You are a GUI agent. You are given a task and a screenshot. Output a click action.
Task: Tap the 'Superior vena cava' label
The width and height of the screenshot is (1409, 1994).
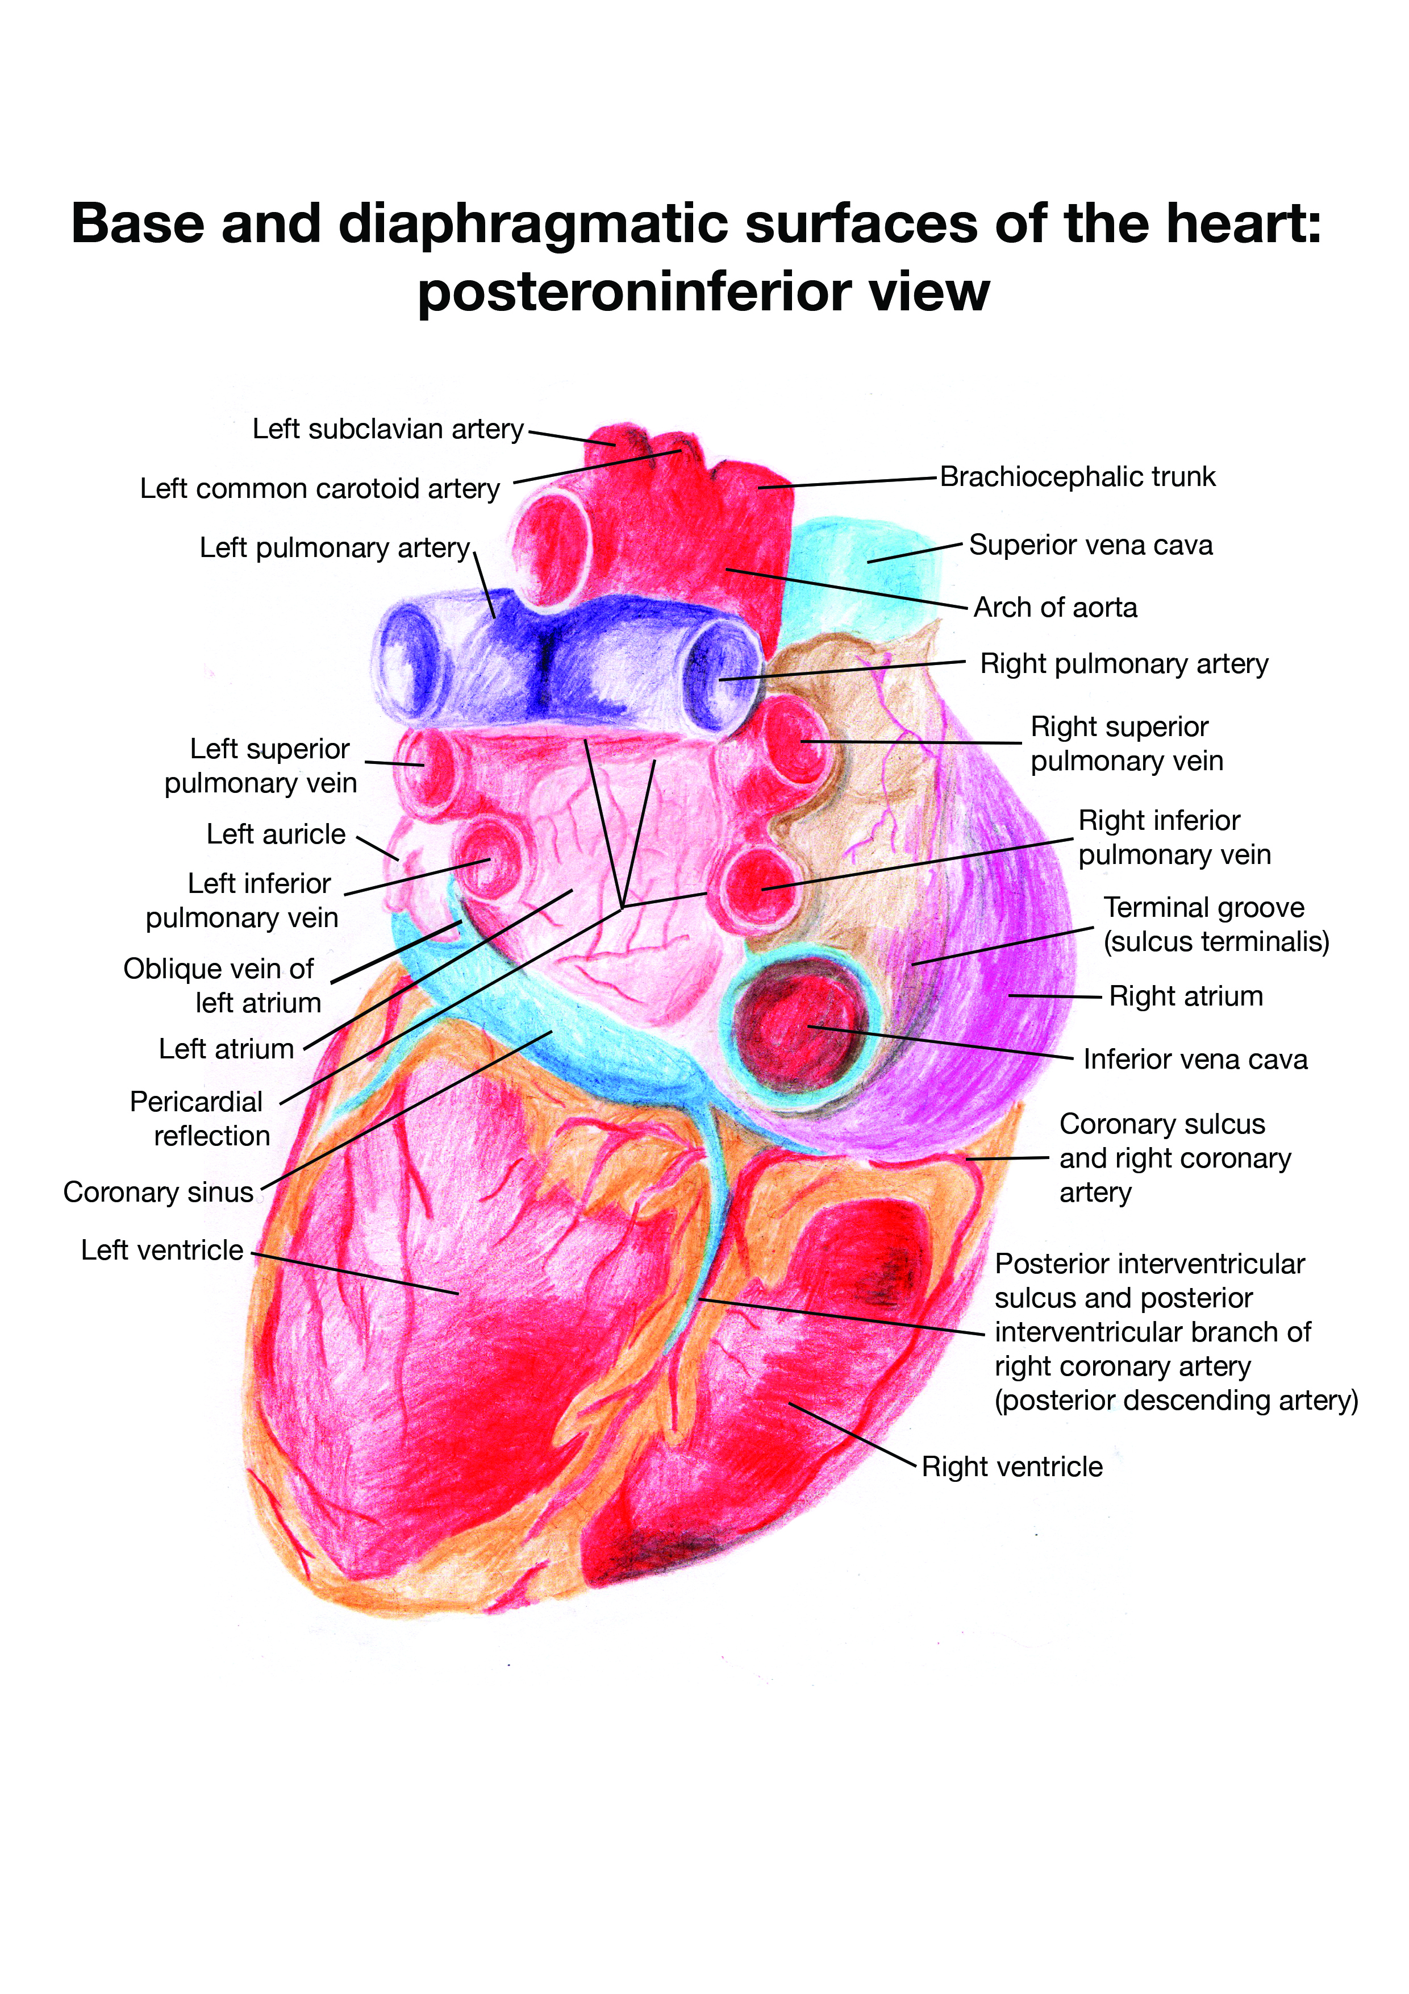coord(1090,546)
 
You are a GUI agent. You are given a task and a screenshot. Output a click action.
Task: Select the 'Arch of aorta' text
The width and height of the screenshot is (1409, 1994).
coord(1055,607)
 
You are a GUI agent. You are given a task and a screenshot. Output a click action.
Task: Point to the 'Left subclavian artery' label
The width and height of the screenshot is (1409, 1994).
coord(388,429)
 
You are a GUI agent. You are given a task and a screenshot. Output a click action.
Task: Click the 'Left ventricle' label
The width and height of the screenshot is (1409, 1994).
coord(162,1250)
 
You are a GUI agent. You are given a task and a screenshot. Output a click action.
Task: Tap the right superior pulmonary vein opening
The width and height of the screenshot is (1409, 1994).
coord(794,742)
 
